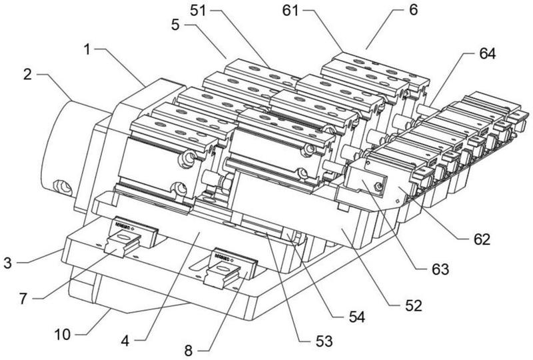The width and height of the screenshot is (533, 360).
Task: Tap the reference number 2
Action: [x=27, y=74]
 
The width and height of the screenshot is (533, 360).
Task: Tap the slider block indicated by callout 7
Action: [x=127, y=240]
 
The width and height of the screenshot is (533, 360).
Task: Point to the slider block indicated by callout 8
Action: [x=228, y=267]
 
